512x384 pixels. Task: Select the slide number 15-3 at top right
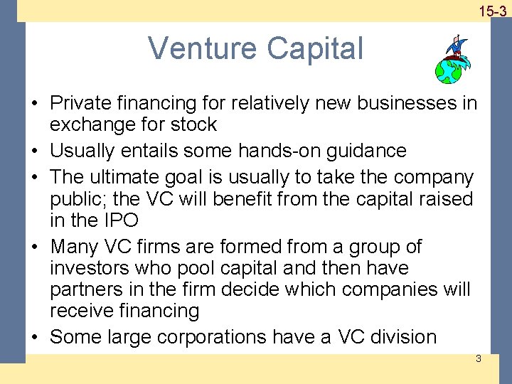point(492,11)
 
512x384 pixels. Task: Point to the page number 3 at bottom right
point(478,358)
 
